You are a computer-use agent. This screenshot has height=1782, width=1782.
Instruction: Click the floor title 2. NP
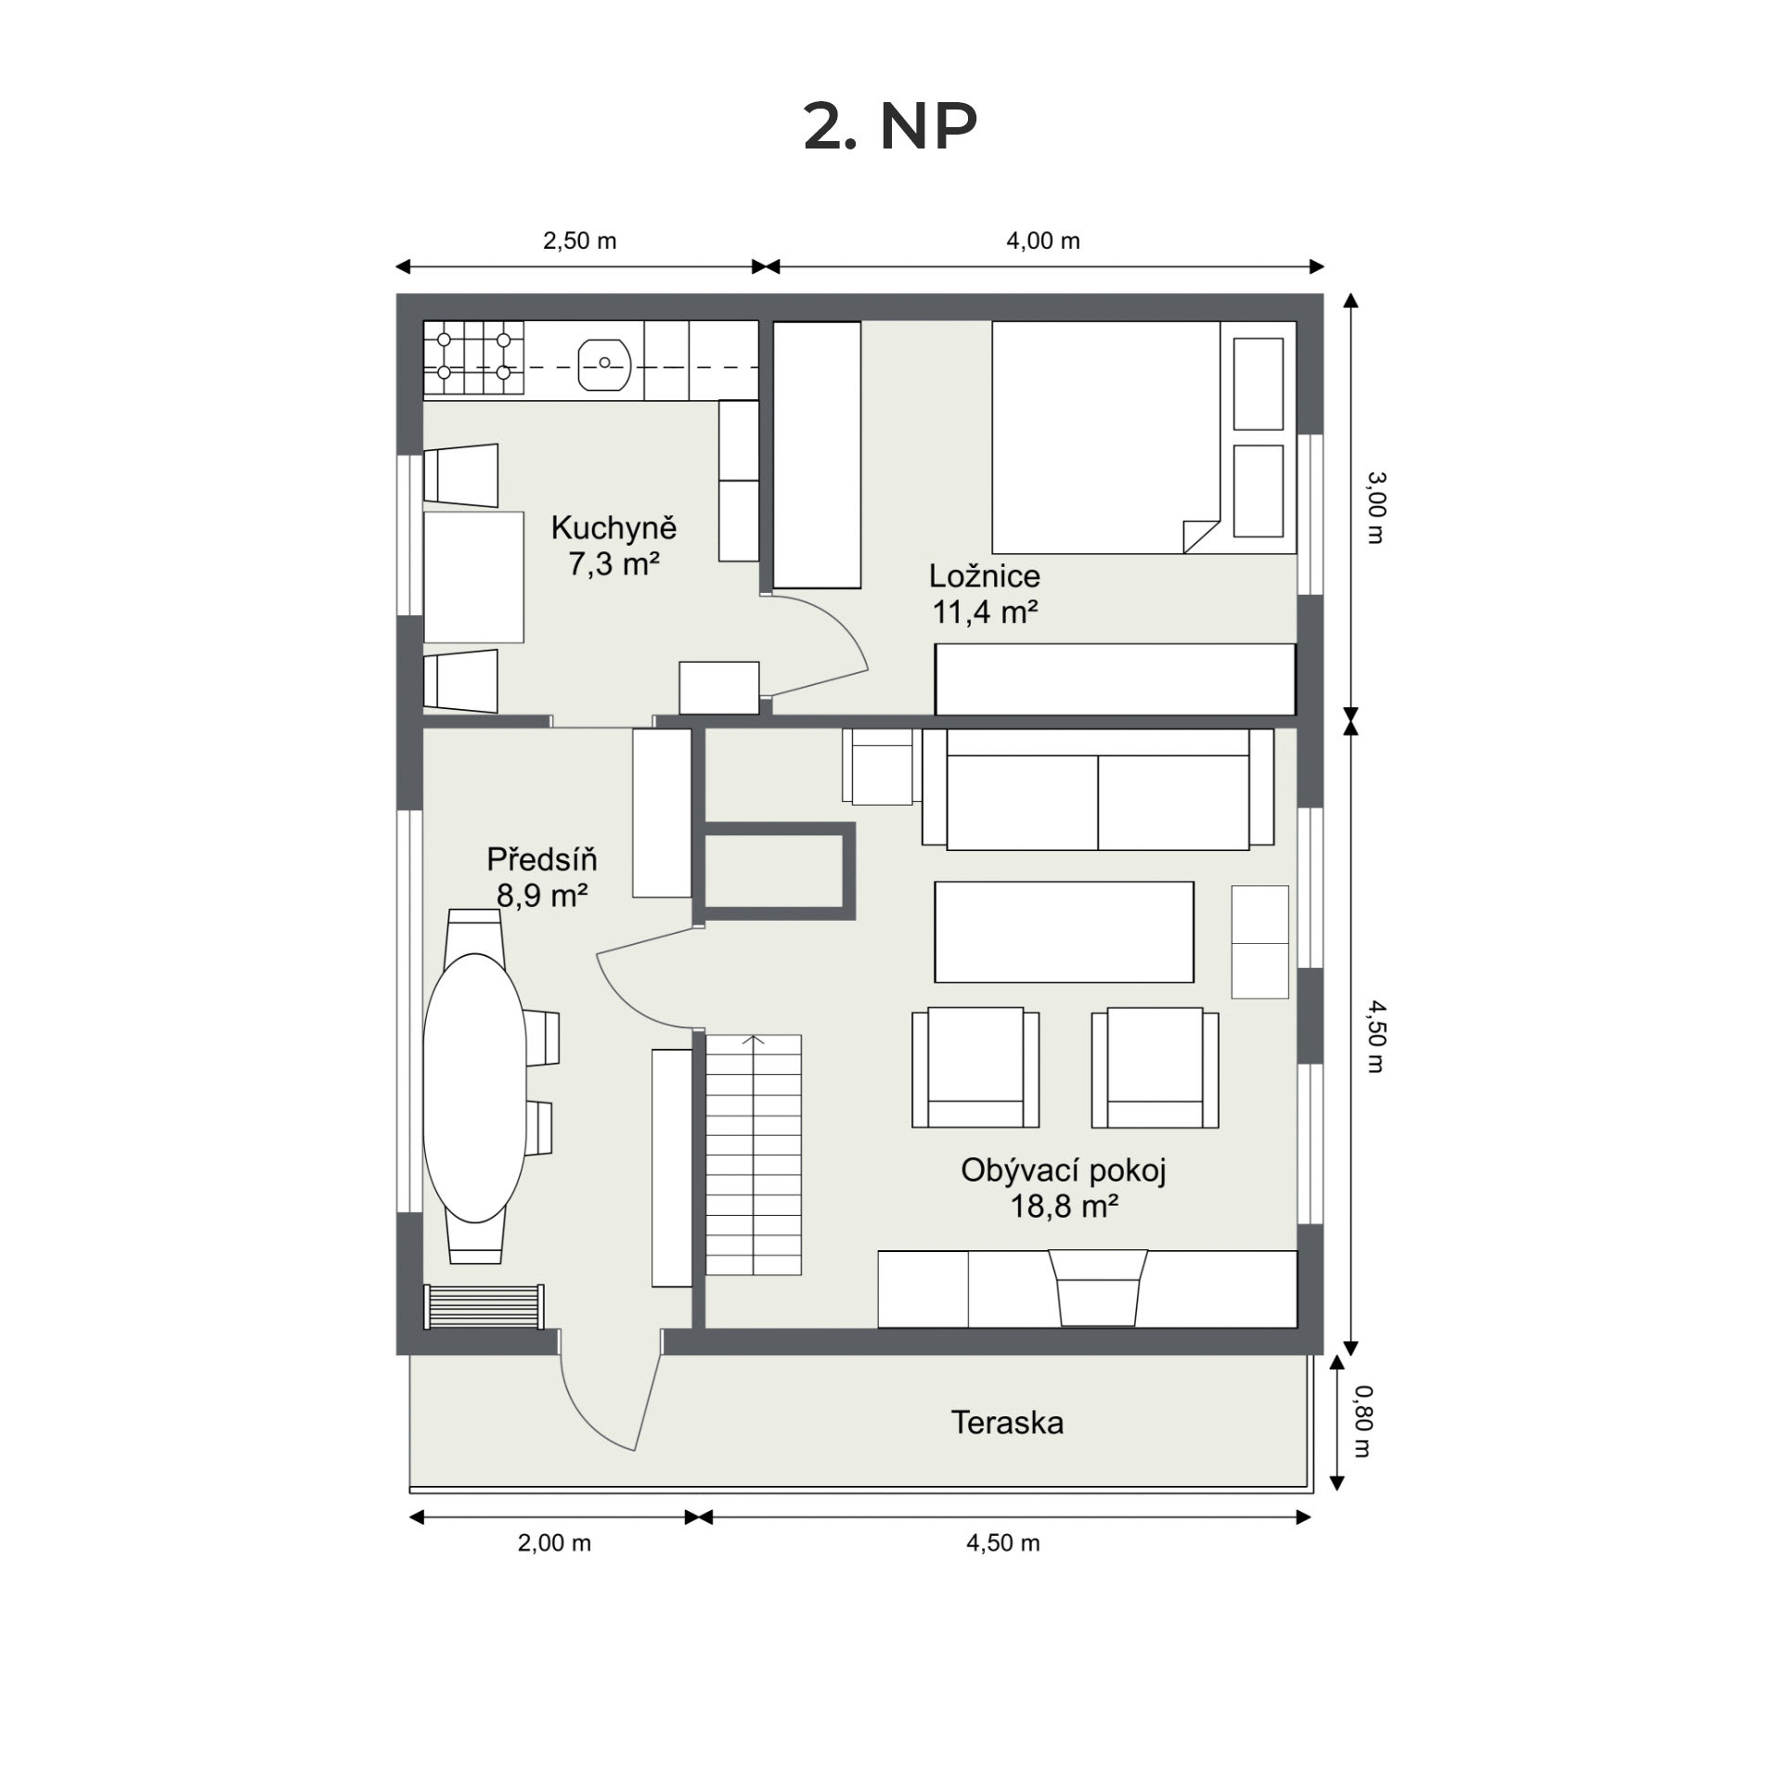pos(890,126)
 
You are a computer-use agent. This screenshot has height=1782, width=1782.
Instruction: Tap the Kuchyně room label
pos(613,527)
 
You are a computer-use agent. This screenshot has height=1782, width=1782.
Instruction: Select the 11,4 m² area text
pos(985,612)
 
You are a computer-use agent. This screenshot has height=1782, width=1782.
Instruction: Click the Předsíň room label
pos(542,859)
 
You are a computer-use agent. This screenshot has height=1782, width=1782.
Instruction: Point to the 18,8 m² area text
pos(1064,1206)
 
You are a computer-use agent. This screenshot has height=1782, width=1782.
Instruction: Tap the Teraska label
pos(1007,1423)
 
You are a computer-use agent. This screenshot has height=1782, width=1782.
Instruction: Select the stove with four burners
pos(474,359)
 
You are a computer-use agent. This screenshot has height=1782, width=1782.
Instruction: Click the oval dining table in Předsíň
pos(474,1088)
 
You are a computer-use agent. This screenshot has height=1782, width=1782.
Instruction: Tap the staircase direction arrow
pos(754,1041)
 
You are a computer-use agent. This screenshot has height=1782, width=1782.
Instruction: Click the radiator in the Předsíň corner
pos(484,1307)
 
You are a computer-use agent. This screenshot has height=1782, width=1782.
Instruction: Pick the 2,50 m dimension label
pos(579,241)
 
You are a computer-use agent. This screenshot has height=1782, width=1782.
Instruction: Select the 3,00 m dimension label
pos(1375,508)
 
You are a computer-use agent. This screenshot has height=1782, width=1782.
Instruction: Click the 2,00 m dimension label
pos(554,1543)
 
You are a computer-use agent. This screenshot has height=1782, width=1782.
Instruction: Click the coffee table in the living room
pos(1064,932)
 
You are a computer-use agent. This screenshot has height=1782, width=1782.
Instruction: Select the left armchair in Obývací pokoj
pos(975,1067)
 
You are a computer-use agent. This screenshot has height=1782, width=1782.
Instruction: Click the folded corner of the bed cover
pos(1200,536)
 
